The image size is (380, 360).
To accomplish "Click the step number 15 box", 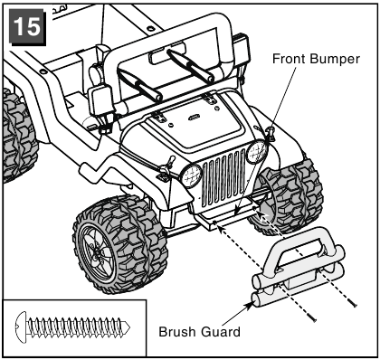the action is pyautogui.click(x=27, y=26).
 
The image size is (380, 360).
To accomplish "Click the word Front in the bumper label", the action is pyautogui.click(x=289, y=59).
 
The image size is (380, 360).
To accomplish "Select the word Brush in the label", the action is pyautogui.click(x=177, y=332).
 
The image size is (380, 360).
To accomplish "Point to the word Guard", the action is pyautogui.click(x=221, y=332).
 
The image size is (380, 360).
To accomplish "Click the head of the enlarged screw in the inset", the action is pyautogui.click(x=21, y=327).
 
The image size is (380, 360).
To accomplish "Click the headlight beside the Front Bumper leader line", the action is pyautogui.click(x=257, y=152).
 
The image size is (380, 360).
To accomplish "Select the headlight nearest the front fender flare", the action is pyautogui.click(x=191, y=176).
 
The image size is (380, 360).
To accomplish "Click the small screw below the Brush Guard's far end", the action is pyautogui.click(x=352, y=302).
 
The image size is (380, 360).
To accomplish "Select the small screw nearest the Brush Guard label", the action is pyautogui.click(x=311, y=317).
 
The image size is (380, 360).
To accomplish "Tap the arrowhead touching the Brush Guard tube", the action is pyautogui.click(x=249, y=306).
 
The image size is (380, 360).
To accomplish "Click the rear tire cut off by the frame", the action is pyautogui.click(x=19, y=135).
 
